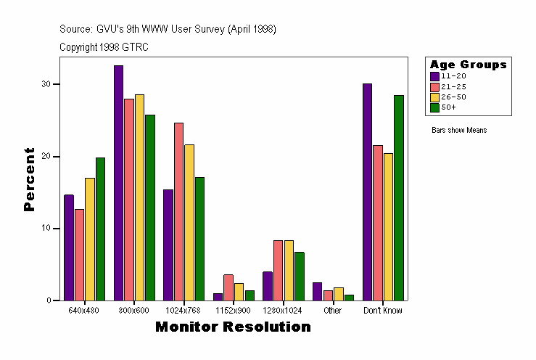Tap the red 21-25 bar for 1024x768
coord(178,211)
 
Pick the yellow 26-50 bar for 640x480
coord(89,239)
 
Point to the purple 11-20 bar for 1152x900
coord(218,296)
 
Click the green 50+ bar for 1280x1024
coord(299,276)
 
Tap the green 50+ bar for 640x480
coord(100,229)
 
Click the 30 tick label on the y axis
coord(46,84)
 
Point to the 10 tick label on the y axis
coord(46,229)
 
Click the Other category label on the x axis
coord(333,311)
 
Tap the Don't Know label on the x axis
coord(383,311)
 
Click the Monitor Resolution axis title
coord(233,327)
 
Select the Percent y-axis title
coord(29,179)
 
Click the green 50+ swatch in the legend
coord(434,107)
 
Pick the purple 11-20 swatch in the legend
coord(434,75)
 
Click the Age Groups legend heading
coord(468,65)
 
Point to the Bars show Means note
coord(458,131)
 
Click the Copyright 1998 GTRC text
coord(104,46)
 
